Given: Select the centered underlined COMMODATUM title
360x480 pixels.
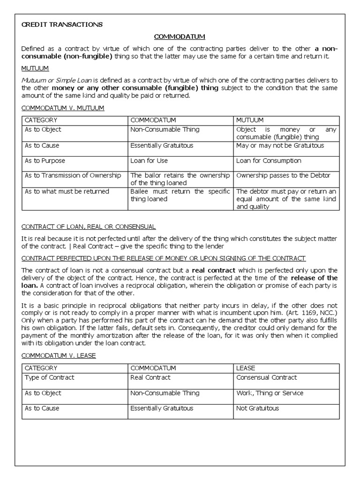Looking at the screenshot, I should (180, 36).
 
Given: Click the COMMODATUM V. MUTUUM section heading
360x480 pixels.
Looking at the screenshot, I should (63, 108).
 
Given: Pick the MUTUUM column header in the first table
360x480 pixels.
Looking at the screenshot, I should (250, 120).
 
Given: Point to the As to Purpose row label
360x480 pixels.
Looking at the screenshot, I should (46, 161).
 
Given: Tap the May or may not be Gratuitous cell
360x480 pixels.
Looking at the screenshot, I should (280, 145).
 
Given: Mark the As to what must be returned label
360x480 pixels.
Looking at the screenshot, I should (67, 191).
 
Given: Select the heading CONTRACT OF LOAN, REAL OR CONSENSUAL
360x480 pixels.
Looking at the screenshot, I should (89, 226).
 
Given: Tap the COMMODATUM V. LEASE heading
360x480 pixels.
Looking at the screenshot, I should (59, 355).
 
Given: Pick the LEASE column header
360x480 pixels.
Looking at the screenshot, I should (246, 368).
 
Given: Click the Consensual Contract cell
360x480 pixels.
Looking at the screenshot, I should (266, 377).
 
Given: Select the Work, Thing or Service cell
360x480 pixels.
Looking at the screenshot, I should (270, 393).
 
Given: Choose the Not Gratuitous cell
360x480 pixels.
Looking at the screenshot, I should (257, 408).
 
